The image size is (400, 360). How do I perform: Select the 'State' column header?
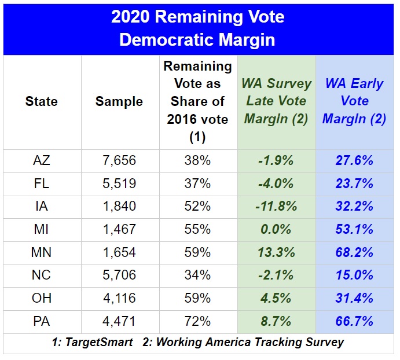42,101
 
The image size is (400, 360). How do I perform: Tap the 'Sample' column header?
119,101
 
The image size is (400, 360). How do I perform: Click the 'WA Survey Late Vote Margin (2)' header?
276,101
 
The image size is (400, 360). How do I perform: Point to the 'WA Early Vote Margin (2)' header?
354,101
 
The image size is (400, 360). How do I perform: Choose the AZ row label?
42,161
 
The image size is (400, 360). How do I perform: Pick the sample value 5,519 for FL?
119,184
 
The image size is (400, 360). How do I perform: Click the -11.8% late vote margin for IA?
276,207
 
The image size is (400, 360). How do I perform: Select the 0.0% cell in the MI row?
276,230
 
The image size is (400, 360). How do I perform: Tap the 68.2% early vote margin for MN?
354,253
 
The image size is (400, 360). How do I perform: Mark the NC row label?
42,275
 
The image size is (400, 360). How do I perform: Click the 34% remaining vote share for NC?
197,275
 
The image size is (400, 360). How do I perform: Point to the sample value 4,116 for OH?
119,299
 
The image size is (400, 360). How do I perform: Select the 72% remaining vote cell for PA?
197,322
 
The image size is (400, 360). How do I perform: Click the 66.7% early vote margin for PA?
354,322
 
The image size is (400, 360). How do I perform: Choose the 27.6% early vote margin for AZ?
354,161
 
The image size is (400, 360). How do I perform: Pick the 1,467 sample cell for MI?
119,230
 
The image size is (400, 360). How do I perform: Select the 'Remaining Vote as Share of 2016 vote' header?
197,101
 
